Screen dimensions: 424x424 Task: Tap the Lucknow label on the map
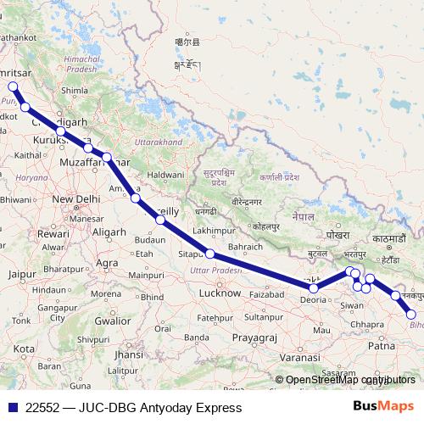(220, 293)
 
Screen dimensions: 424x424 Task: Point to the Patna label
(384, 346)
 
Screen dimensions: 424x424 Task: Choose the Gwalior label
(113, 321)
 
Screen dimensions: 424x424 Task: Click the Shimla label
(75, 90)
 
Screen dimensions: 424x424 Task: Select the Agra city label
(107, 263)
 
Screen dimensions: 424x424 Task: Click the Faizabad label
(265, 293)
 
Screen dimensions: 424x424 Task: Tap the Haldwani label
(166, 175)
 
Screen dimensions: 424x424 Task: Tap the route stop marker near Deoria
(314, 288)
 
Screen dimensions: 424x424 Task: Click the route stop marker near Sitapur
(209, 254)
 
